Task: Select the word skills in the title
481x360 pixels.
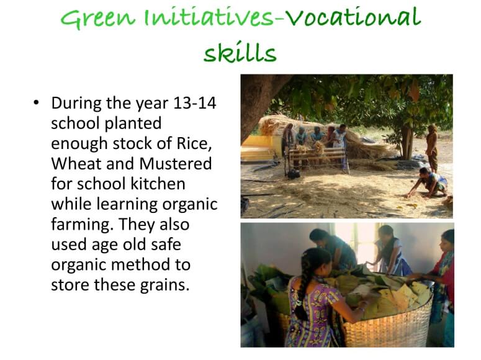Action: click(x=240, y=52)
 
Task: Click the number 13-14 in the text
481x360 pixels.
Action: click(x=194, y=103)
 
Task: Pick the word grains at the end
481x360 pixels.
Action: click(x=164, y=286)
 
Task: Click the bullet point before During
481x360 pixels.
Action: click(x=37, y=102)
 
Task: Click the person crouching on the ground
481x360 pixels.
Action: click(x=428, y=182)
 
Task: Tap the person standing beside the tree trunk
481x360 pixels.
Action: click(x=432, y=148)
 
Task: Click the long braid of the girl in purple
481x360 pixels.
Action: click(x=302, y=286)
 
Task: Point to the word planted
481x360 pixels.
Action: click(x=133, y=124)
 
